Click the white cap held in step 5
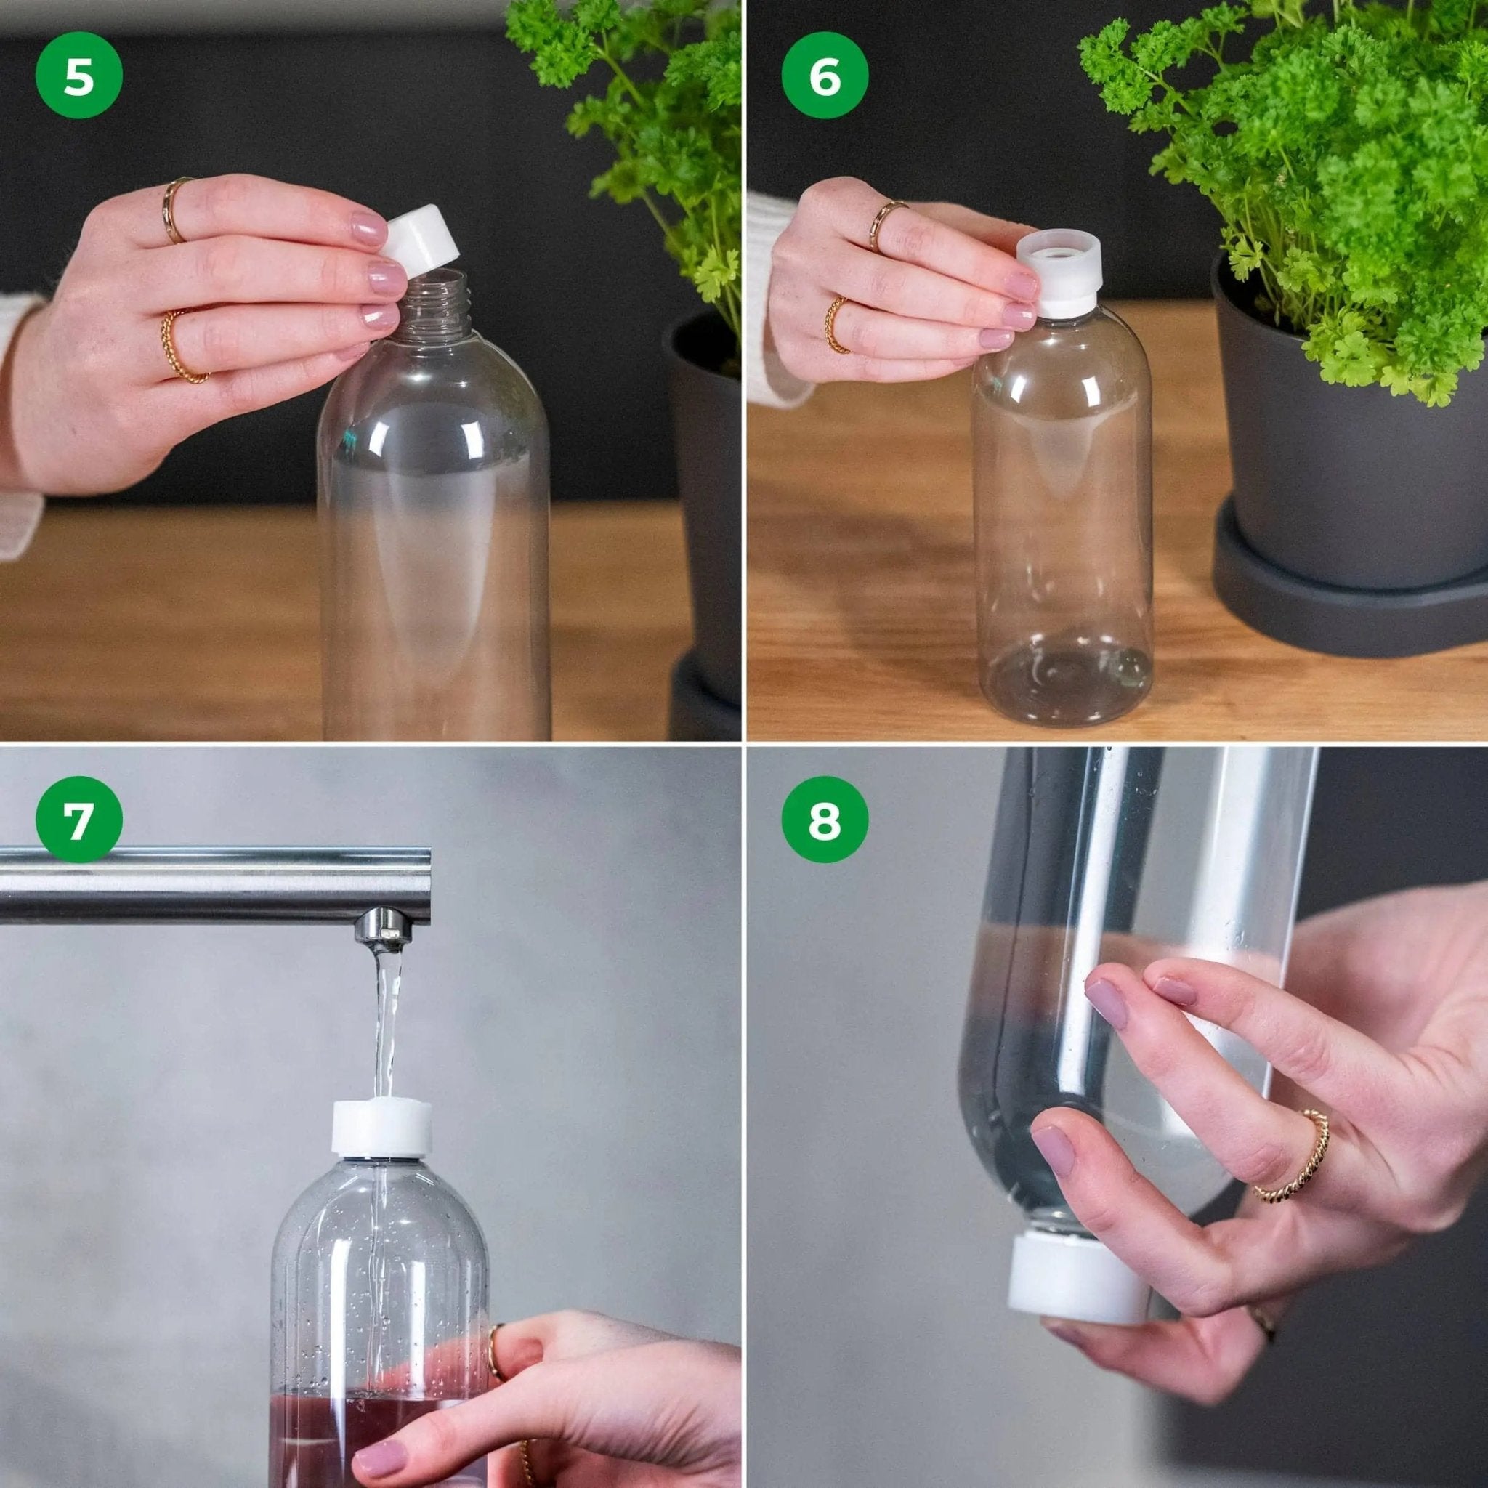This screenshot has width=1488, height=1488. (x=423, y=243)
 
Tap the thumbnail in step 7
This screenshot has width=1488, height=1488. (x=383, y=1454)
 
